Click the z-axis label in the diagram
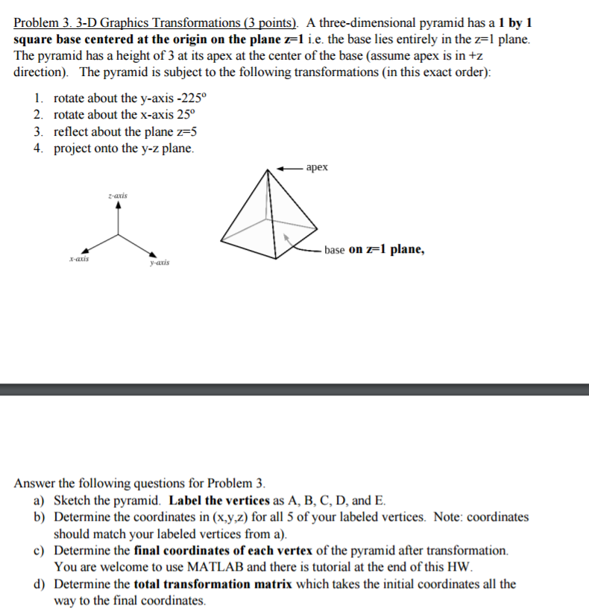(x=117, y=195)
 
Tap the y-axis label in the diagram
(x=159, y=263)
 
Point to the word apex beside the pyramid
(x=317, y=168)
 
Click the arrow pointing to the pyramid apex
(x=289, y=168)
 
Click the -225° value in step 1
(x=175, y=98)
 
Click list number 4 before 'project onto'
(x=37, y=148)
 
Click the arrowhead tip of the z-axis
(x=117, y=207)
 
